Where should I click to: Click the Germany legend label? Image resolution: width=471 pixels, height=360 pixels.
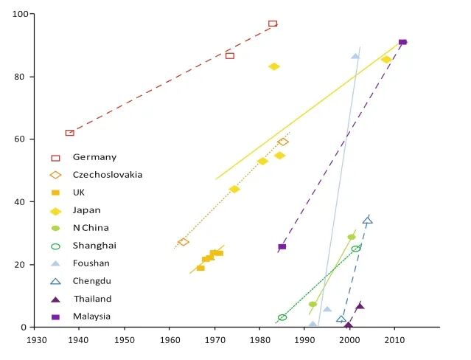(94, 157)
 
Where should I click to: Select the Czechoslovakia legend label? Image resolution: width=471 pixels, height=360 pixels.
(108, 175)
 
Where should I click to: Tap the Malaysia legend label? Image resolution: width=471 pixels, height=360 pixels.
(91, 316)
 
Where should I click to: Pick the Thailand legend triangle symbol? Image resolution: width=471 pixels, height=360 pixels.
(55, 300)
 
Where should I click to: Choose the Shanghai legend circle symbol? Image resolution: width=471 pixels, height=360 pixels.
(55, 246)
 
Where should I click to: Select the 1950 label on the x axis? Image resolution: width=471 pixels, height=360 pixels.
(125, 340)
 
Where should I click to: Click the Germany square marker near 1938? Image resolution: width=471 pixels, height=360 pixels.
(70, 133)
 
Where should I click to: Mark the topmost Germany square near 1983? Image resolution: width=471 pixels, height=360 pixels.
(273, 24)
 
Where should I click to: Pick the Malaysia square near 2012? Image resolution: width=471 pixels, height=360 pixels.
(402, 42)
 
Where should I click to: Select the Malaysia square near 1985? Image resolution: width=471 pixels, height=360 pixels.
(282, 247)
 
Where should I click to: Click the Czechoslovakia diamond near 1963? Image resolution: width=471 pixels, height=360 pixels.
(183, 242)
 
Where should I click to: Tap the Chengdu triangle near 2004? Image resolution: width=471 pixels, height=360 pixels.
(367, 221)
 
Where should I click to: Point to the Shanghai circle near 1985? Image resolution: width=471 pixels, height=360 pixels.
(282, 317)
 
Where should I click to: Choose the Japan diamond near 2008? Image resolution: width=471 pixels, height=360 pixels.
(386, 60)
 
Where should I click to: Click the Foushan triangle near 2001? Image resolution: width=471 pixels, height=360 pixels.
(355, 56)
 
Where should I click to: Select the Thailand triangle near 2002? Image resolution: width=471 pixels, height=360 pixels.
(360, 306)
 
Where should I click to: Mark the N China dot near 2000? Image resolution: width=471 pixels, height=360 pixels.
(352, 237)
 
